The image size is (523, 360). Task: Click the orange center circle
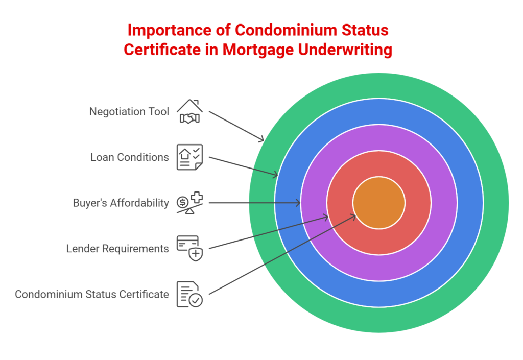coord(379,203)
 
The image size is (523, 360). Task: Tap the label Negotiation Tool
coord(129,111)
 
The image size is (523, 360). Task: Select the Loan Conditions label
coord(129,157)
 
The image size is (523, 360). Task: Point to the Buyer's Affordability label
coord(121,203)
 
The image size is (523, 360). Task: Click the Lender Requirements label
coord(117,249)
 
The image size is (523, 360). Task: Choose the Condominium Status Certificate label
coord(92,294)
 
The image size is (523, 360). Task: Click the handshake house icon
coord(189,111)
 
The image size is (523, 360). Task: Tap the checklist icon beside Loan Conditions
coord(189,157)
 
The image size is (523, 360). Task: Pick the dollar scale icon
coord(189,203)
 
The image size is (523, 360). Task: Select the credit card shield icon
coord(189,248)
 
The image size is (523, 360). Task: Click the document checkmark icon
coord(189,294)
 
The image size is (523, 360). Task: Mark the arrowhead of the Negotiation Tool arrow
coord(262,140)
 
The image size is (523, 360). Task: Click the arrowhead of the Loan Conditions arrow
coord(275,176)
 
